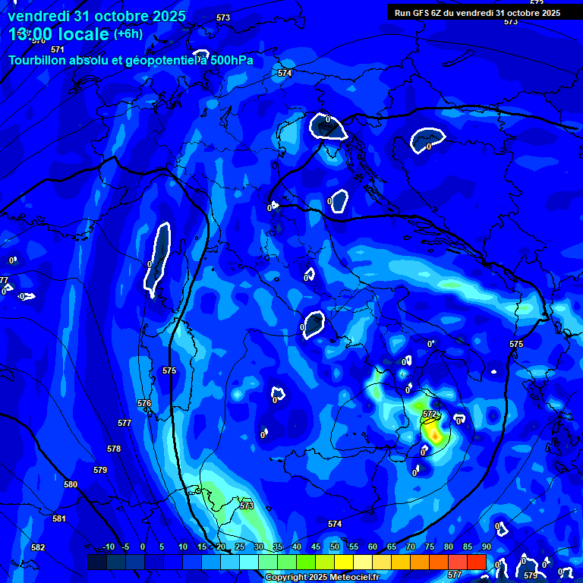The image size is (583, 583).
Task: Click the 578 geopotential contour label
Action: click(x=114, y=449)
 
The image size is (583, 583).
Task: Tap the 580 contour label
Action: click(x=71, y=484)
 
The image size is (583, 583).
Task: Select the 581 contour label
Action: click(x=59, y=518)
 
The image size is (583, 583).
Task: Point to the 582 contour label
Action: click(x=38, y=547)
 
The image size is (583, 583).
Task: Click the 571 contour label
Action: click(x=58, y=49)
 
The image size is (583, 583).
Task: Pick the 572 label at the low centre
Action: click(x=430, y=414)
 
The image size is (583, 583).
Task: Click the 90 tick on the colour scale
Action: click(x=486, y=547)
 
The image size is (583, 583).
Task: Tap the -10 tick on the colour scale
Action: click(x=109, y=547)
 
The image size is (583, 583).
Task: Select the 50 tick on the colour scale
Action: click(x=335, y=547)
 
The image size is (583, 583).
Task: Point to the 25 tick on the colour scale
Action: click(x=240, y=547)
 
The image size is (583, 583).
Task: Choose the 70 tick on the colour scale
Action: click(x=411, y=547)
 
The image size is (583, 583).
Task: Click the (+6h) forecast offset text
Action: click(x=129, y=34)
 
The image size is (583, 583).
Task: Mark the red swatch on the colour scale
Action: click(x=477, y=562)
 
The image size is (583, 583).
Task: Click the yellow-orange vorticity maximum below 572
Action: click(x=433, y=433)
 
